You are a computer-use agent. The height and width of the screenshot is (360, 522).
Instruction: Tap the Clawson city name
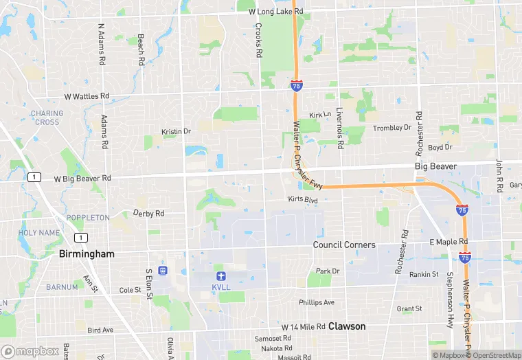click(x=347, y=326)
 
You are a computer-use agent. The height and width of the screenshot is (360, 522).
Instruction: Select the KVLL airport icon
click(x=219, y=275)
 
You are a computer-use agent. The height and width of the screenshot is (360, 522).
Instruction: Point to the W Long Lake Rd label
click(x=275, y=12)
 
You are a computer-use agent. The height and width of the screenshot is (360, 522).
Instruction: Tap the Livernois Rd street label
click(x=339, y=128)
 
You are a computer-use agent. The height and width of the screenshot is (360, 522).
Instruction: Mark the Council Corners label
click(x=344, y=245)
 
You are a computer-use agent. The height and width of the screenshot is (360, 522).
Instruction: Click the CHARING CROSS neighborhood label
click(x=47, y=117)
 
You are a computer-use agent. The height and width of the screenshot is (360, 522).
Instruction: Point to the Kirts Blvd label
click(x=303, y=199)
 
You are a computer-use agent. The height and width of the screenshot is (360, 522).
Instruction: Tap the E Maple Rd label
click(x=448, y=243)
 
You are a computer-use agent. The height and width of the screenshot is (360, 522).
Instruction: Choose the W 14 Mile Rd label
click(x=303, y=326)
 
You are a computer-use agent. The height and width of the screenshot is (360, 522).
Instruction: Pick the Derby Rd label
click(x=148, y=214)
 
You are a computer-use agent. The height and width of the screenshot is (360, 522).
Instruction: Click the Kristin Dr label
click(x=176, y=131)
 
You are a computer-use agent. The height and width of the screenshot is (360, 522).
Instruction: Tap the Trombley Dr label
click(x=391, y=128)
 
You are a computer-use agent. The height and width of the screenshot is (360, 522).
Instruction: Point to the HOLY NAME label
click(x=39, y=233)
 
